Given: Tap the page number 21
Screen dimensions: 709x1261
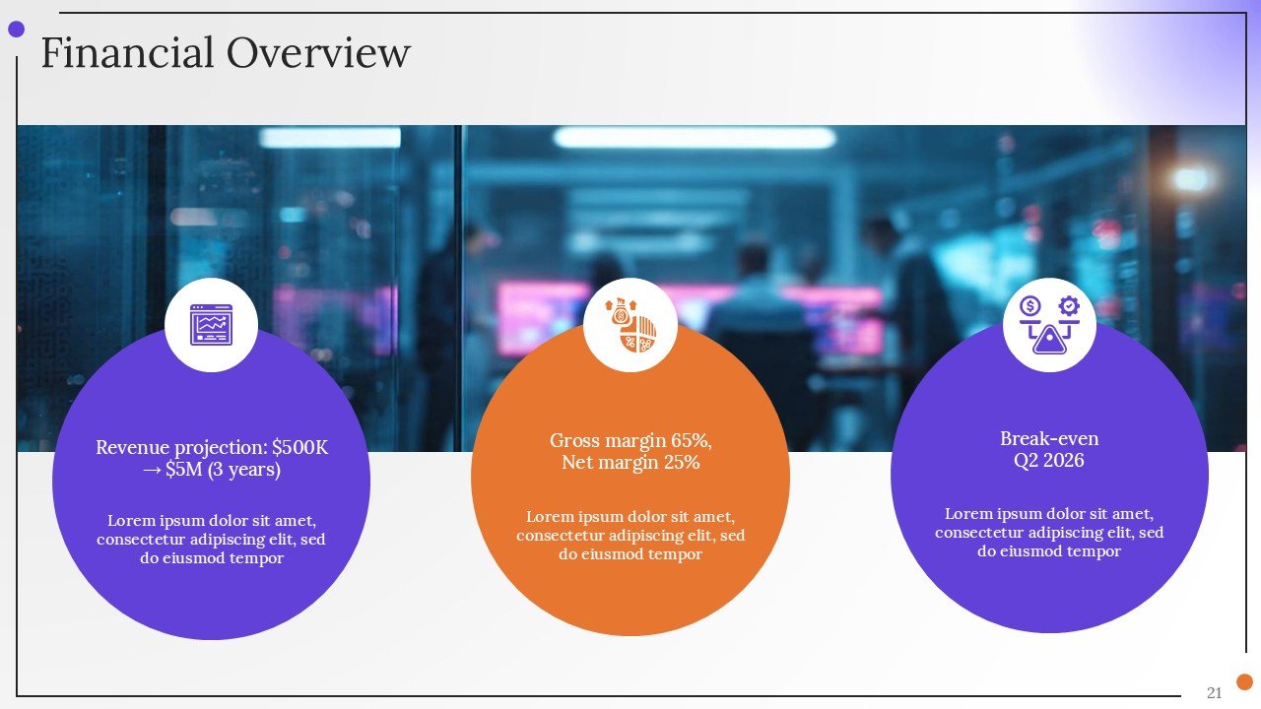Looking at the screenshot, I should [x=1214, y=692].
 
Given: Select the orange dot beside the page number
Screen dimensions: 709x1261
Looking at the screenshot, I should [x=1244, y=681].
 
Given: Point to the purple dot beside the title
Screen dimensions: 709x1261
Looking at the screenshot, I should [x=16, y=30].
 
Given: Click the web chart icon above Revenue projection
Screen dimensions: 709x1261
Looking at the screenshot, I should [x=211, y=325].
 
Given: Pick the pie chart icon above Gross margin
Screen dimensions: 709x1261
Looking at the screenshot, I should [x=630, y=325].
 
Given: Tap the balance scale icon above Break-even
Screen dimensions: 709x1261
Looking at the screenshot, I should [x=1049, y=325].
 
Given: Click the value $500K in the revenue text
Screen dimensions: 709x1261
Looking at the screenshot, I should [x=299, y=448].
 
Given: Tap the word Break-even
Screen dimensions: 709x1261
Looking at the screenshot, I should [x=1049, y=439].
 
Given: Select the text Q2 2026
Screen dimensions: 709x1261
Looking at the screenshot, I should [x=1049, y=461].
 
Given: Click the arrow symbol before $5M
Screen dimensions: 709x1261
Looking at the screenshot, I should [x=152, y=471].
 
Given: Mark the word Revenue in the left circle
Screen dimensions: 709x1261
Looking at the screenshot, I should [x=133, y=448].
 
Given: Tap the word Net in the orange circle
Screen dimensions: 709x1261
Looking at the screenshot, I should [x=577, y=462].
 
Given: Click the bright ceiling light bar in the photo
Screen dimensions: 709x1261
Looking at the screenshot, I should [x=694, y=138].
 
